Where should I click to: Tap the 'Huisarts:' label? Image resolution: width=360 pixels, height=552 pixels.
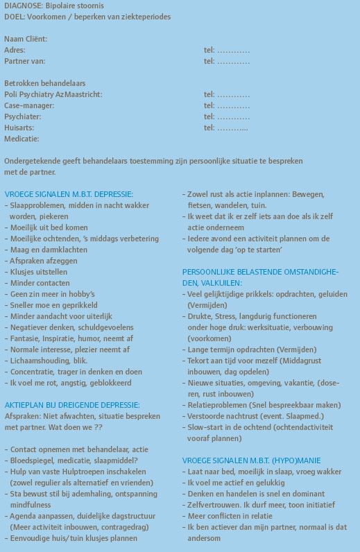[20, 128]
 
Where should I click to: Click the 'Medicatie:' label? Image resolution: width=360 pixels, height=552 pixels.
[23, 139]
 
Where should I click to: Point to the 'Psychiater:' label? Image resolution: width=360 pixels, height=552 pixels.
[23, 117]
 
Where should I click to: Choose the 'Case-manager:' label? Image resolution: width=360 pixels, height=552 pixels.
[29, 105]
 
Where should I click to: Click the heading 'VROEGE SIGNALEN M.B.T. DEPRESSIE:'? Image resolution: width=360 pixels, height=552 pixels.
[69, 194]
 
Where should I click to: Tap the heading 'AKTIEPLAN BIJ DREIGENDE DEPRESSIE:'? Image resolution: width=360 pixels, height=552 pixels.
[72, 404]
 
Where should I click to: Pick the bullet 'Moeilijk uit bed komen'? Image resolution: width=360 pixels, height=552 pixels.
[49, 227]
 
